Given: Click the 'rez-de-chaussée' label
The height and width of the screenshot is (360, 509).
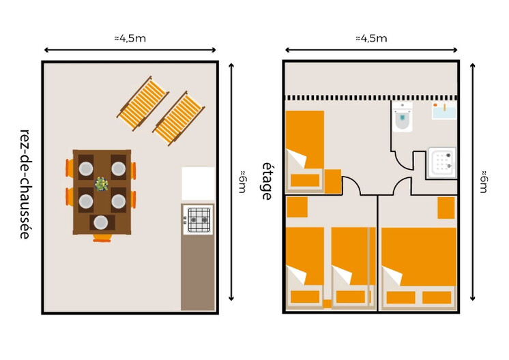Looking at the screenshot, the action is (25, 184).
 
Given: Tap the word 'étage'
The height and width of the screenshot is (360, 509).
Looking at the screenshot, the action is (267, 181).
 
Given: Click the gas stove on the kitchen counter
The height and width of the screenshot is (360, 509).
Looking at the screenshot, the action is (198, 220).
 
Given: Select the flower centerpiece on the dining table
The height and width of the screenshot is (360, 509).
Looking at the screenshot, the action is (101, 184).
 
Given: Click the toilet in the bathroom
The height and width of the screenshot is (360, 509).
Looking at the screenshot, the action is (403, 117).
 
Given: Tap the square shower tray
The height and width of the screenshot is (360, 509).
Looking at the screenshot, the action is (442, 162).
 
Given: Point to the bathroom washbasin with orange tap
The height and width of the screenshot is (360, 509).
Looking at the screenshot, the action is (443, 111).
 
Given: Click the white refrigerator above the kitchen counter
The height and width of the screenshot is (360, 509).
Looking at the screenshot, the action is (198, 183).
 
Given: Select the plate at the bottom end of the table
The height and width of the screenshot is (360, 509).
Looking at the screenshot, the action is (100, 222).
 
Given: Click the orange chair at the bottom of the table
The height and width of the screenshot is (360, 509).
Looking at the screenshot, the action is (102, 239).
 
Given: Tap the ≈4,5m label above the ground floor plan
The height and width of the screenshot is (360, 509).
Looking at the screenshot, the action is (130, 39).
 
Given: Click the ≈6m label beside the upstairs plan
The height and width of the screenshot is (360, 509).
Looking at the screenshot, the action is (484, 181).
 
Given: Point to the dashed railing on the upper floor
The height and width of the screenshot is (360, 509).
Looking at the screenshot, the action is (371, 97).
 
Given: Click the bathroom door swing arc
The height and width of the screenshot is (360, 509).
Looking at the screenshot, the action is (402, 163).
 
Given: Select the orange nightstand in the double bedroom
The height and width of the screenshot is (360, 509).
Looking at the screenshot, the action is (446, 208).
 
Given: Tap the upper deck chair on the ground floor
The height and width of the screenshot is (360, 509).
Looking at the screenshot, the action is (143, 103).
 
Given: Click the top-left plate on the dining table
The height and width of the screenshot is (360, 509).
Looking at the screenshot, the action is (86, 168).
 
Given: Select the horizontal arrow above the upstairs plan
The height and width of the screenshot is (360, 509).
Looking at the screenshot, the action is (371, 50).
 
